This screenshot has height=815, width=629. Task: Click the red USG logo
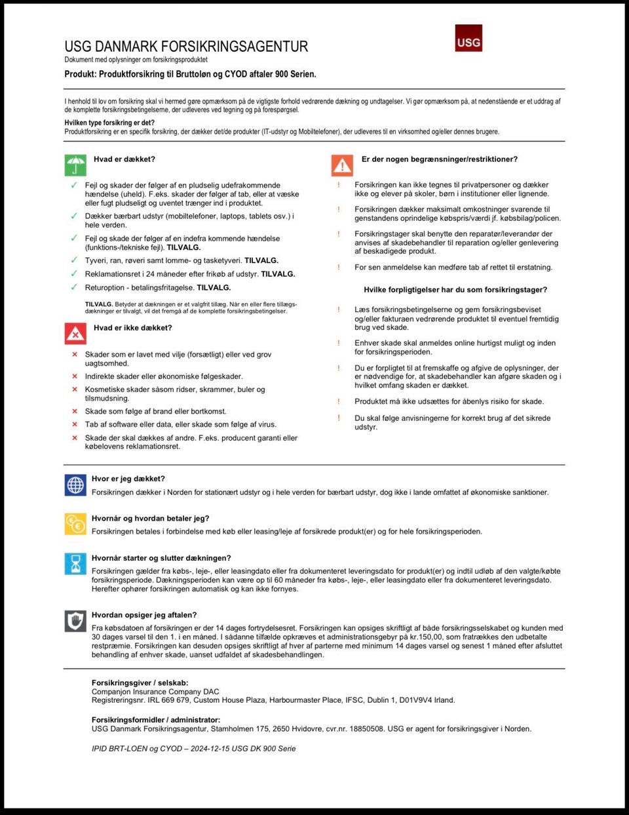point(468,39)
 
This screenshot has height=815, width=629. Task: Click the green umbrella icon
point(75,165)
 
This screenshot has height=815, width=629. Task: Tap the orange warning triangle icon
point(342,165)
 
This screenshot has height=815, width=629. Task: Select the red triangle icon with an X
point(75,333)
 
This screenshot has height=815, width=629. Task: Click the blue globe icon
point(75,485)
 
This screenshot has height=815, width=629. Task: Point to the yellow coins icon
point(75,524)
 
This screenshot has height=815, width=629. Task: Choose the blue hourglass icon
point(75,563)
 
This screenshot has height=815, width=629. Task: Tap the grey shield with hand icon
point(75,620)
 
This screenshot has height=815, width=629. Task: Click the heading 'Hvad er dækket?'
point(124,159)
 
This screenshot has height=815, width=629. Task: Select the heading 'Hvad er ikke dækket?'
point(133,328)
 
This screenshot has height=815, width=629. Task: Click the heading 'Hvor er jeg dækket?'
point(128,479)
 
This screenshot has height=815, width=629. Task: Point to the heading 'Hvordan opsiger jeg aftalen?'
point(144,615)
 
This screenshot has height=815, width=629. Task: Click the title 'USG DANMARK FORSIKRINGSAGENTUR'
point(186,47)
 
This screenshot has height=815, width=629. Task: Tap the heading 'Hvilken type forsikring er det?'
point(109,123)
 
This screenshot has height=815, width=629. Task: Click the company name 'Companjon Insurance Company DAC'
point(155,691)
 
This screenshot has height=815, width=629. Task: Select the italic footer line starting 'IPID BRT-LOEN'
point(193,748)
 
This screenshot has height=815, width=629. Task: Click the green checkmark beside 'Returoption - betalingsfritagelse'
point(74,287)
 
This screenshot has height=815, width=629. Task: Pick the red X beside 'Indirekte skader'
point(75,376)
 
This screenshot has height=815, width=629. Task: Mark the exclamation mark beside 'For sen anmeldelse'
point(339,267)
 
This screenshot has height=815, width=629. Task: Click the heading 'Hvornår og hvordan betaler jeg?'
point(151,518)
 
